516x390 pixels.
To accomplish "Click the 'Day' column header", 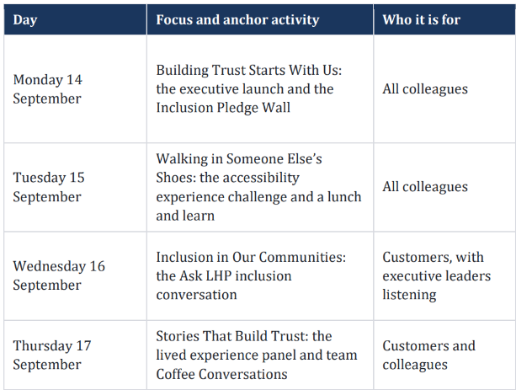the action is (x=25, y=20).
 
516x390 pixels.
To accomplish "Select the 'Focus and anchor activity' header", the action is (x=237, y=19).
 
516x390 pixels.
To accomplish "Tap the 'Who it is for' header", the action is (x=421, y=19).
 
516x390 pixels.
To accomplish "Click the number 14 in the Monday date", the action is (x=74, y=80).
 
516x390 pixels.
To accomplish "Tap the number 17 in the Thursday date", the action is (x=83, y=345).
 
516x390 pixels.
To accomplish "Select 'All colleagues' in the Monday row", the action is (x=425, y=89).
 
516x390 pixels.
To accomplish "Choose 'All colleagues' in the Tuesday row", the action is (x=425, y=187).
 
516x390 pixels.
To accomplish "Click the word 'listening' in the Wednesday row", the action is (x=409, y=295).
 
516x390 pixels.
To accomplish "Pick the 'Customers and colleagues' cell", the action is (x=428, y=355).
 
